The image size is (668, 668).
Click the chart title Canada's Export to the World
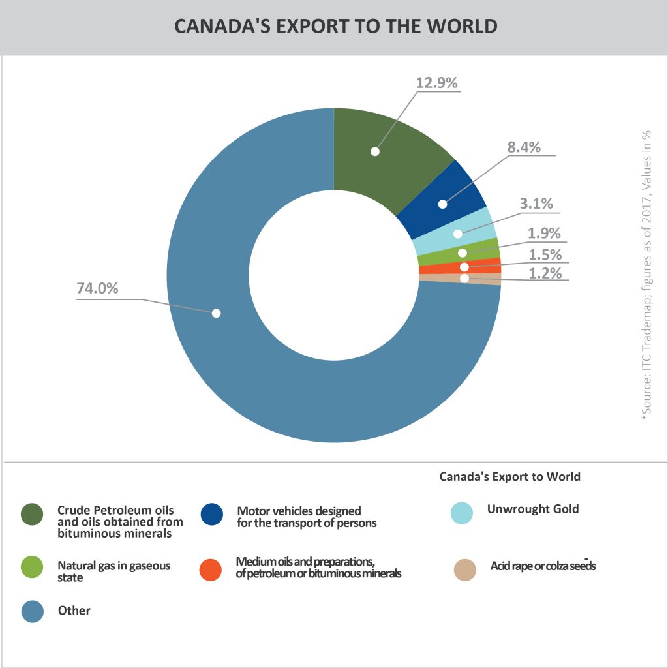(336, 26)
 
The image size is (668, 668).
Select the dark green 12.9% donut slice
(385, 163)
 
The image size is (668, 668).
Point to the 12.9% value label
(437, 83)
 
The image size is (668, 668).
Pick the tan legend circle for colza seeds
(464, 569)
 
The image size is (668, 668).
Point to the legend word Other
(74, 611)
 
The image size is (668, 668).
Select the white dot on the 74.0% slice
(217, 313)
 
